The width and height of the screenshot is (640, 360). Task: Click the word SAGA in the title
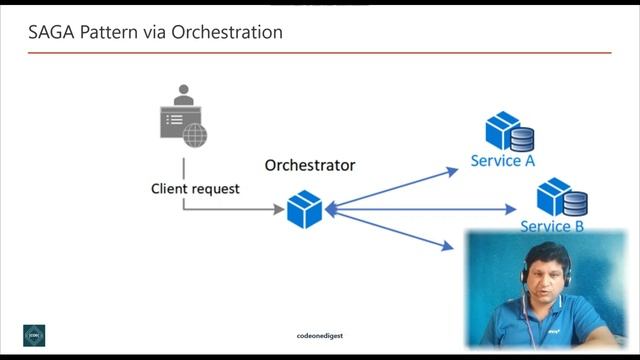pos(47,32)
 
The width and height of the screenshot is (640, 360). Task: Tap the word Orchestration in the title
pos(227,32)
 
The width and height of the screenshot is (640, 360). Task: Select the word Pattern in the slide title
pos(107,32)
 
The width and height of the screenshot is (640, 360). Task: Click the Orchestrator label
pos(310,164)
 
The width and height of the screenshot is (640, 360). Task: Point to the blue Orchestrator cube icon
pos(303,210)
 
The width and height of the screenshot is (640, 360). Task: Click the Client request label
pos(195,188)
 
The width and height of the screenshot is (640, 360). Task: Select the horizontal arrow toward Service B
pos(420,210)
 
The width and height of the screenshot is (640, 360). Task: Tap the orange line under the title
pos(319,52)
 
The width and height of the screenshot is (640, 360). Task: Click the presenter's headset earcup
pos(522,276)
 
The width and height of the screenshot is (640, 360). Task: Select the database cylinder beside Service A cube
pos(521,138)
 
